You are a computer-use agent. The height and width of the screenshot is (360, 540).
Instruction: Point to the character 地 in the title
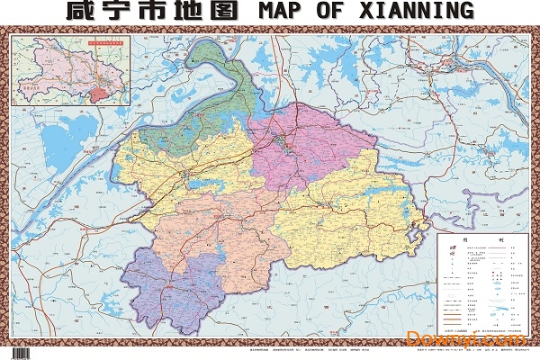click(189, 12)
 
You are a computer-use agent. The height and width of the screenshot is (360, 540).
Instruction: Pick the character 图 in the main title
click(223, 12)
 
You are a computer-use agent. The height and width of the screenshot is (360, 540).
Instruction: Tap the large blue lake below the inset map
click(58, 144)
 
